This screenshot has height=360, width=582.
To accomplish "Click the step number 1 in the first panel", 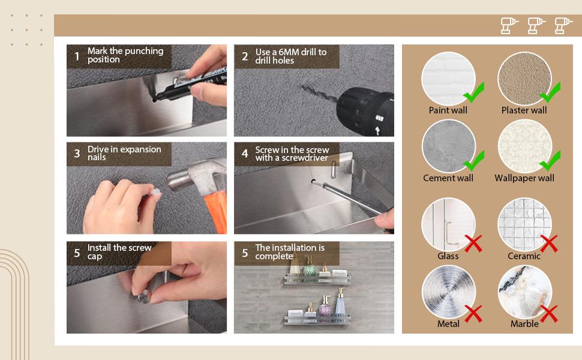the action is coord(77,56).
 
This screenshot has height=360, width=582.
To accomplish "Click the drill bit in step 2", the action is coord(320,94).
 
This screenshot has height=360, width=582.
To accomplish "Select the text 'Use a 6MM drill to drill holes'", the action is coord(290,56).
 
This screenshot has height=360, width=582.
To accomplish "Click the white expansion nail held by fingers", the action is coord(155,193).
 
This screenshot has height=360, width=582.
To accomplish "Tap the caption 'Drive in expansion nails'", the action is coord(124,153).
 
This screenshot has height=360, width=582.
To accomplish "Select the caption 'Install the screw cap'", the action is coord(119,251).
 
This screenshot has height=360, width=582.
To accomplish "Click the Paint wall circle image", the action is coord(448,79).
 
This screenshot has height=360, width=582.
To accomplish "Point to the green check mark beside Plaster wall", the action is coord(550,92).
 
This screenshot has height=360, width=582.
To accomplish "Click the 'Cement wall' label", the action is coord(448,178).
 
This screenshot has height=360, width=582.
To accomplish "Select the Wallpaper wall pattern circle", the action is coord(524,146).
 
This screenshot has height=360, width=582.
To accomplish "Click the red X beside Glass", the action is coord(473,244).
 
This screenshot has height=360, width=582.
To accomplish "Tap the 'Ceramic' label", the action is coord(524,256).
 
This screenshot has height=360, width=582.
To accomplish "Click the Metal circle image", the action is coord(448,292).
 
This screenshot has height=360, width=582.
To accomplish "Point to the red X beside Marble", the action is coord(549,314).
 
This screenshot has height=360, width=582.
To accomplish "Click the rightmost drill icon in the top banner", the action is coord(563,26).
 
